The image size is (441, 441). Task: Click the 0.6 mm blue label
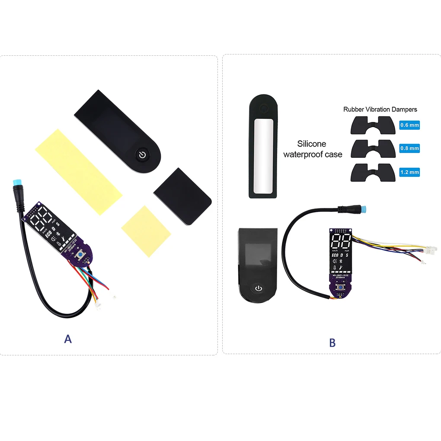[409, 125]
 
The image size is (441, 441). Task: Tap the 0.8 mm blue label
[409, 148]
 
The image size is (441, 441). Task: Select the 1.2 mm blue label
[409, 172]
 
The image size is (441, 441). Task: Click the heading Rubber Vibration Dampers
[380, 109]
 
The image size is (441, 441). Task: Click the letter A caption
[68, 339]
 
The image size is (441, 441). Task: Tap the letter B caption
[332, 343]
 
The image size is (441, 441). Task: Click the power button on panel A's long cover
[142, 154]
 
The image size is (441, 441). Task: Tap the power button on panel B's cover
[258, 288]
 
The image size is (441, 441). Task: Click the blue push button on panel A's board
[81, 256]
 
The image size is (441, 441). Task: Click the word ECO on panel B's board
[335, 255]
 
